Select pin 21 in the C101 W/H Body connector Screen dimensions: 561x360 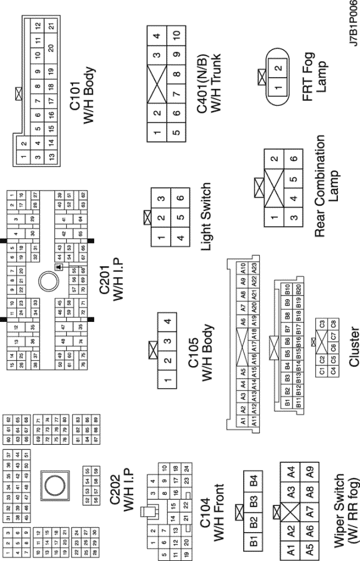(x=52, y=26)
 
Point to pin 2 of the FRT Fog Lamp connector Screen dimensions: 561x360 (x=277, y=69)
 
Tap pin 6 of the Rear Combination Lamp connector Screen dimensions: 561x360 (x=293, y=158)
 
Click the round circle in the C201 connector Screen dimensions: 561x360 (x=49, y=279)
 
